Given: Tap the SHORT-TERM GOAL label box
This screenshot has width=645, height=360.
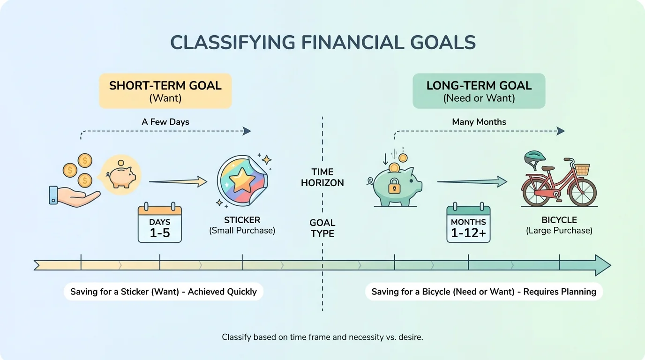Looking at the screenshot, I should [x=165, y=91].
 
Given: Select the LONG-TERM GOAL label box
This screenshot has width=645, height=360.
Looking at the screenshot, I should [x=479, y=91].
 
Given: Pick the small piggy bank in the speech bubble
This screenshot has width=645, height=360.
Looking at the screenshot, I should [x=120, y=176].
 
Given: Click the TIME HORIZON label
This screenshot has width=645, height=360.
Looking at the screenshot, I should [x=322, y=178].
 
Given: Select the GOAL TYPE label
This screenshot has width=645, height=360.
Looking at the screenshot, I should [x=322, y=228].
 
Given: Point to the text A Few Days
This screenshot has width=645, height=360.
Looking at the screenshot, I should [x=165, y=122].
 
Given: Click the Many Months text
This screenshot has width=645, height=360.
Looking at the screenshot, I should [x=479, y=122].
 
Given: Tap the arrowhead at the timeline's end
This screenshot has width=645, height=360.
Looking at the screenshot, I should [x=603, y=265].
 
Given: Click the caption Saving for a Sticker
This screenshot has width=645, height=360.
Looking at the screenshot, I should [x=164, y=292].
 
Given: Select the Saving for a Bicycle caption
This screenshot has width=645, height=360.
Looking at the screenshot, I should [x=484, y=292].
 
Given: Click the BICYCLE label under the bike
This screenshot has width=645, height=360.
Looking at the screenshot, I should [x=559, y=220].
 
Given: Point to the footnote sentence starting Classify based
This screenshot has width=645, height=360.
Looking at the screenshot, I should [x=322, y=337].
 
